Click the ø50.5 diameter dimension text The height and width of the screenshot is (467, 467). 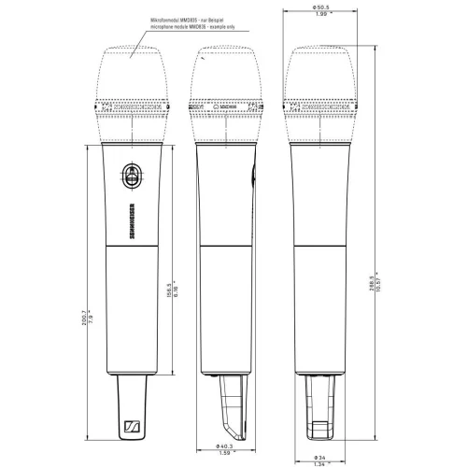321,8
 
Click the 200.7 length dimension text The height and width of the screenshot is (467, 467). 85,321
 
